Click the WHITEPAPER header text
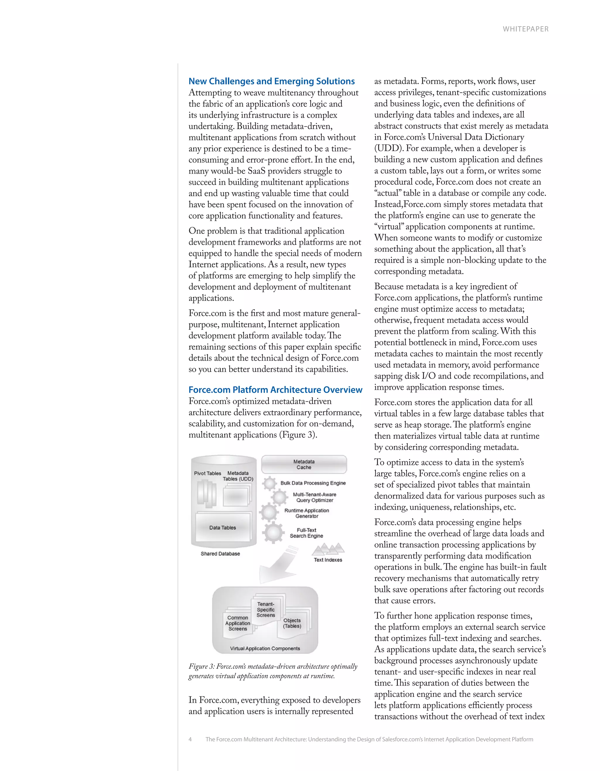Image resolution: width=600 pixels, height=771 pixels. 526,29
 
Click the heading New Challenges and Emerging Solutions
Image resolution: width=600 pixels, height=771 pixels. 271,81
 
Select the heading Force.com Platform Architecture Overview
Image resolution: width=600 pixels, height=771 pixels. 275,390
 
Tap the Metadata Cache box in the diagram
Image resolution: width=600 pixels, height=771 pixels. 304,464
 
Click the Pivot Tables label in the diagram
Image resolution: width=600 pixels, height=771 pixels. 207,473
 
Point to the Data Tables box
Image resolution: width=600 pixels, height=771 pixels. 222,527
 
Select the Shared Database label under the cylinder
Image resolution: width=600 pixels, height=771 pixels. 220,553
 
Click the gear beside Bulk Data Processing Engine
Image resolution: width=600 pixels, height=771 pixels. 269,483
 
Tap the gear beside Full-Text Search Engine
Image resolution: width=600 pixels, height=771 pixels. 273,533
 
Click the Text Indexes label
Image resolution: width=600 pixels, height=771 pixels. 328,560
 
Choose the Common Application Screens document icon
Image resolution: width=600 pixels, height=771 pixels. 238,623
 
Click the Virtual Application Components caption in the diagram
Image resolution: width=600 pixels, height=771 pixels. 265,649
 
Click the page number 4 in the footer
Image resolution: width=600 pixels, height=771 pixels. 190,739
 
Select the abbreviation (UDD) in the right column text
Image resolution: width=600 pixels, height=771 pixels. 388,148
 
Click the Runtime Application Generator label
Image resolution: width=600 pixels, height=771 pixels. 306,513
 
